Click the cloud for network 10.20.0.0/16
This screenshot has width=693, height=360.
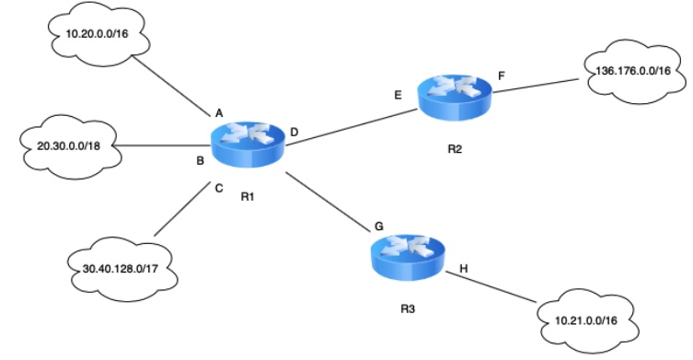pos(89,35)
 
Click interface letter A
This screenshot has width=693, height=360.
pos(219,113)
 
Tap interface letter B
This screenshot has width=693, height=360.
pos(200,162)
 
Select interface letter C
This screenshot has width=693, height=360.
pos(218,189)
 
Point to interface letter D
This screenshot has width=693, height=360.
pos(294,134)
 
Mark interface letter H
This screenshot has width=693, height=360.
pos(463,269)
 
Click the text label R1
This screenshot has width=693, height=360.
pos(247,196)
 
